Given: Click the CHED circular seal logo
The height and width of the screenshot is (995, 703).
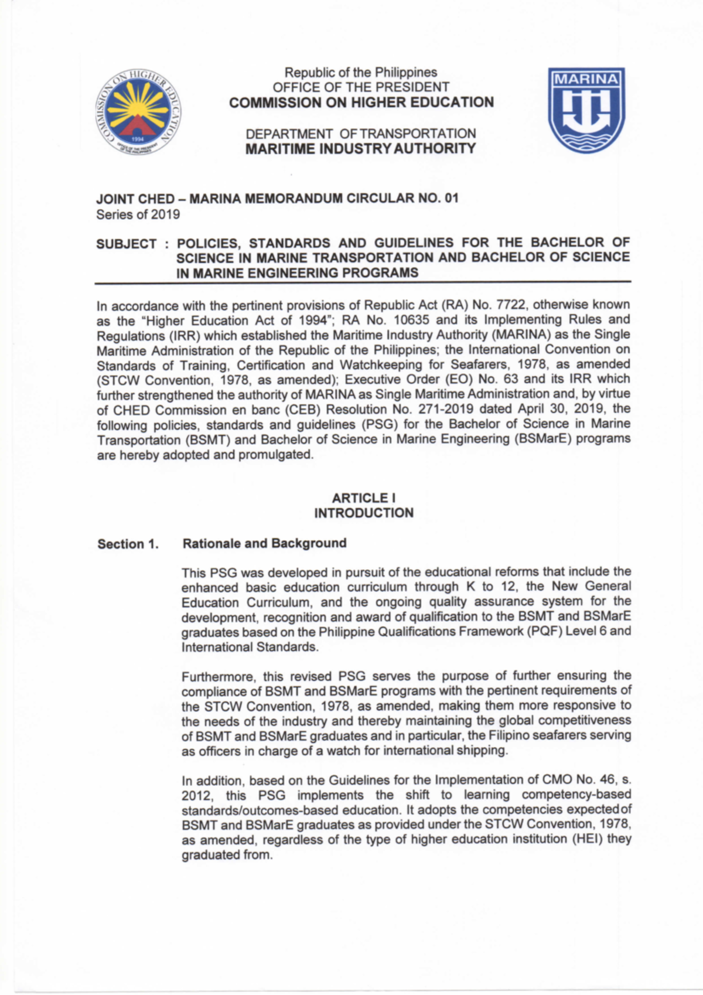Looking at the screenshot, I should point(138,116).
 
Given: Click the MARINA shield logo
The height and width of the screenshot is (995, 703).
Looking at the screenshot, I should point(586,110).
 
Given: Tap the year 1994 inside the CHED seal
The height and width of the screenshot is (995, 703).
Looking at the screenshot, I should point(138,139).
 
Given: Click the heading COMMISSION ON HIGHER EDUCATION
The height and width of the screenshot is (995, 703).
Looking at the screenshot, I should point(361,103).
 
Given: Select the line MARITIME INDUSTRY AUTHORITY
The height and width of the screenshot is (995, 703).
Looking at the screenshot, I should point(360,149).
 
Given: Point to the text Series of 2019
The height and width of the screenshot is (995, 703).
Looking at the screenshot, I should point(138,214).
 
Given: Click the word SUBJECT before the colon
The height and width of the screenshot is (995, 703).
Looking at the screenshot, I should point(127,244).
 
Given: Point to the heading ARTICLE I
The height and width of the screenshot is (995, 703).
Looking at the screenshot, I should point(363,498).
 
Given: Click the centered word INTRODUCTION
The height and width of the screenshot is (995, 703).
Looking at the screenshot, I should point(363,513).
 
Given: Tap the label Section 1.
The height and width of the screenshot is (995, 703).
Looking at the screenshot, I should point(128,544).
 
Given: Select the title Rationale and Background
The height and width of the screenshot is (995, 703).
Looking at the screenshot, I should point(264,543).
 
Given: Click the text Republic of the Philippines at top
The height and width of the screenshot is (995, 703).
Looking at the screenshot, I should point(361,73).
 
